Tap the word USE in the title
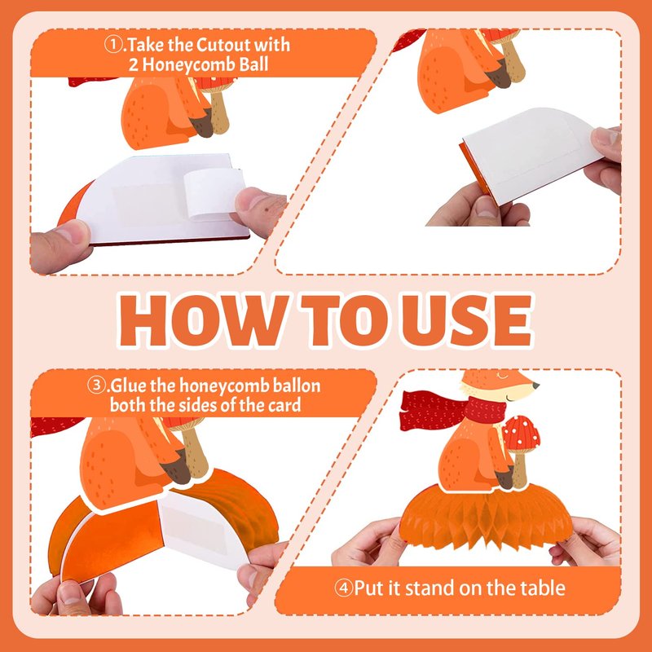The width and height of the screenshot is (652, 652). click(467, 320)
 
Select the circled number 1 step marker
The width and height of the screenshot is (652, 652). click(112, 45)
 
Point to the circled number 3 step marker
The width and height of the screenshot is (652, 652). click(96, 385)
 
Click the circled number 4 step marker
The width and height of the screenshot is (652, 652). click(343, 588)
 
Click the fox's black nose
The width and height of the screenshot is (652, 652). click(536, 385)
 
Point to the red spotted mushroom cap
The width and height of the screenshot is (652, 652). click(521, 434)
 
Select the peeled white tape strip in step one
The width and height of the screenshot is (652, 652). click(214, 193)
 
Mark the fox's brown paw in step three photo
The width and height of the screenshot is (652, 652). click(178, 469)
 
